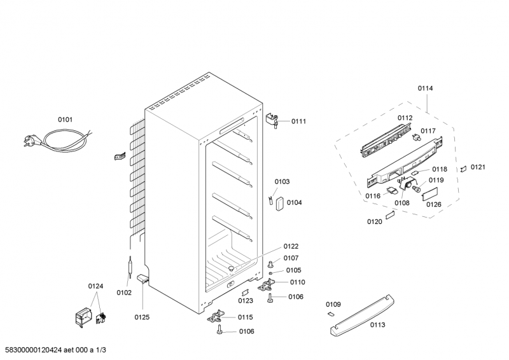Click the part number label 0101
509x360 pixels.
point(65,119)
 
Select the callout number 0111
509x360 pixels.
point(298,121)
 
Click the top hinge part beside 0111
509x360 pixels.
point(274,118)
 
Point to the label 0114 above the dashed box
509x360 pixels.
point(425,88)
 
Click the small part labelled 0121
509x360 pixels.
point(464,169)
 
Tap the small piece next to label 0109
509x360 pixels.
point(330,314)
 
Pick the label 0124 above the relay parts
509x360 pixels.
point(95,286)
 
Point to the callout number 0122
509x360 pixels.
point(291,246)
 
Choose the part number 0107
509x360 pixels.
point(291,258)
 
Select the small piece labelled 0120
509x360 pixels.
point(391,214)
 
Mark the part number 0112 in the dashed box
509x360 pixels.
point(405,118)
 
